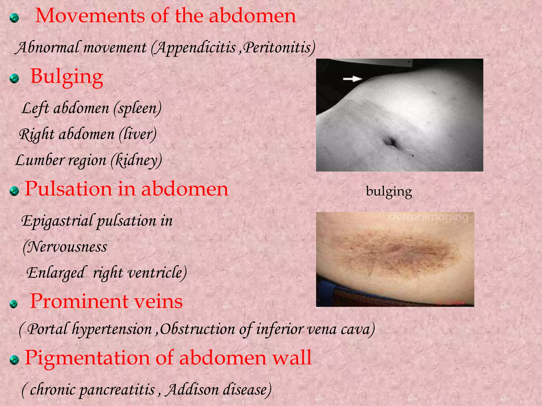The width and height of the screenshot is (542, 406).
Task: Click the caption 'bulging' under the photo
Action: coord(389,191)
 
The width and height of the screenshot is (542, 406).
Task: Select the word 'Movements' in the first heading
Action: coord(90,16)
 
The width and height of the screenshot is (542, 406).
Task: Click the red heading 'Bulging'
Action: coord(67,76)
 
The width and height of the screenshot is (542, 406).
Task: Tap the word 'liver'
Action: coord(137,134)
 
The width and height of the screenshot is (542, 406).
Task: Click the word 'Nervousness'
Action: coord(67,247)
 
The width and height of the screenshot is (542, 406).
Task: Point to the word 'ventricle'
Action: coord(156,273)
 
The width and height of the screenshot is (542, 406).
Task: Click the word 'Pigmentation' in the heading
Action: coord(87,358)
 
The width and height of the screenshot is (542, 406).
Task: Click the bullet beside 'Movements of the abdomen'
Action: coord(14,18)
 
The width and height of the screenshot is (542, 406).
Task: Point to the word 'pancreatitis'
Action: coord(117,390)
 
